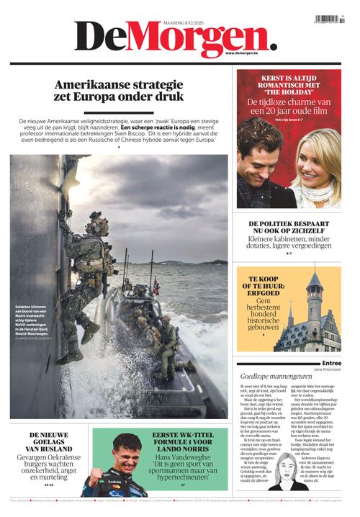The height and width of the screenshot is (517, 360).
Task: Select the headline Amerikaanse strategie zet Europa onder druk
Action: (x=120, y=90)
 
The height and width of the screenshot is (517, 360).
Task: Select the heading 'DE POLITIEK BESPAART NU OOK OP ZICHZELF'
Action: (x=289, y=230)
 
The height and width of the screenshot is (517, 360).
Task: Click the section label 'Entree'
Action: (x=331, y=363)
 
